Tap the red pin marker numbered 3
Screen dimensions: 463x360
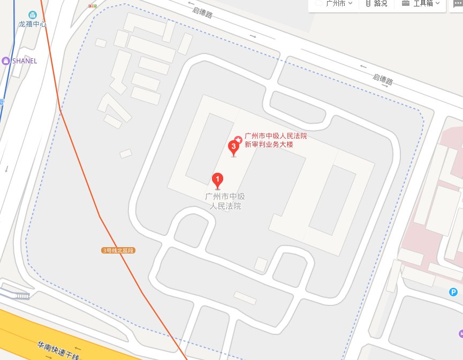point(233,147)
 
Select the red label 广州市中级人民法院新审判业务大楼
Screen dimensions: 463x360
point(275,141)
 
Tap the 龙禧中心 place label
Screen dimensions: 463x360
point(33,24)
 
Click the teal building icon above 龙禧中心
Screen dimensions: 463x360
point(33,14)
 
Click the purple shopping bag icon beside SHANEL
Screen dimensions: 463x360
point(6,61)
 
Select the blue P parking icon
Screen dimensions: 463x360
point(453,292)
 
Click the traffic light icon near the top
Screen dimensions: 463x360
point(93,6)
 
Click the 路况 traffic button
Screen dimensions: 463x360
point(377,3)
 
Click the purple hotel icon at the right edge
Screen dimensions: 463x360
point(460,334)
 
